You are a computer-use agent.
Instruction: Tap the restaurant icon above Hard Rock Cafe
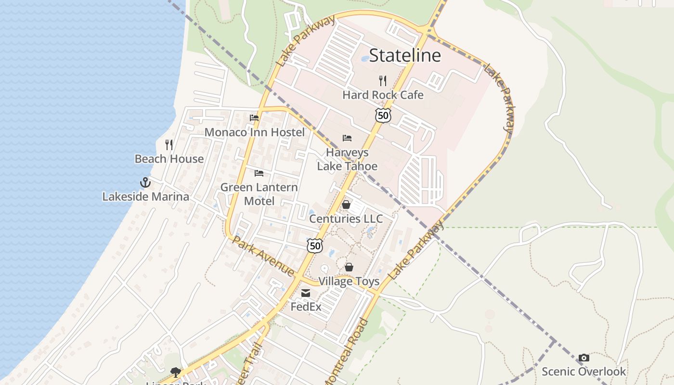pos(383,80)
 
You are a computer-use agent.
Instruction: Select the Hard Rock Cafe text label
pos(383,95)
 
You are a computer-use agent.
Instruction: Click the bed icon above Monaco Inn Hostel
pos(254,118)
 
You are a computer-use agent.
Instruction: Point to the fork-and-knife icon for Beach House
pos(169,144)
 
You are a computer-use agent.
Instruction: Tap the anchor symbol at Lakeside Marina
pos(145,182)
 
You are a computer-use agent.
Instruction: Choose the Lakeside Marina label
pos(145,196)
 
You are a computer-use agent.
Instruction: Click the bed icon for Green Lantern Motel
pos(259,173)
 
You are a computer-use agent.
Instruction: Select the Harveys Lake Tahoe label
pos(347,159)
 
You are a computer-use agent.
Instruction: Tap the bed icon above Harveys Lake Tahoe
pos(347,138)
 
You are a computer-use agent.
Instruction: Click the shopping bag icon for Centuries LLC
pos(346,205)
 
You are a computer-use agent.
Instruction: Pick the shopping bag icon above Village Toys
pos(349,267)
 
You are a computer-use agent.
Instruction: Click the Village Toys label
pos(349,281)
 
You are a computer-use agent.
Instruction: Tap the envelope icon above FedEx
pos(306,293)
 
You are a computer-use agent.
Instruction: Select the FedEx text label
pos(306,306)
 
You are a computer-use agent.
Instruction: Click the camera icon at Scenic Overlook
pos(583,358)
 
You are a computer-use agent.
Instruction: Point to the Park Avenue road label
pos(263,256)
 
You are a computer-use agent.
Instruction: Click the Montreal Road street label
pos(347,351)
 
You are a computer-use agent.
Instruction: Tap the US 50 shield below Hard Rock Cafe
pos(383,115)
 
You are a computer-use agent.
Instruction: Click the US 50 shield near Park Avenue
pos(315,245)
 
